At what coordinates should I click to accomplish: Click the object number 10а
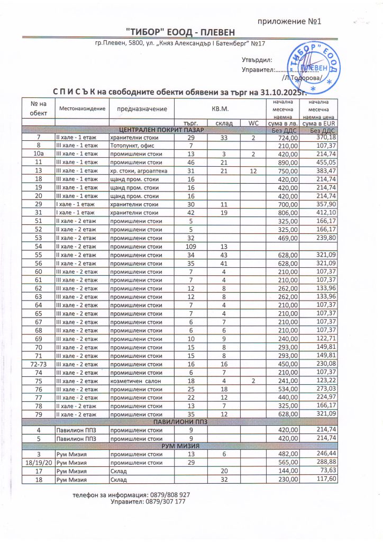pos(38,154)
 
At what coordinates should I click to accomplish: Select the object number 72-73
pos(38,364)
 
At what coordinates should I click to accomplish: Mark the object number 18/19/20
pos(38,463)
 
